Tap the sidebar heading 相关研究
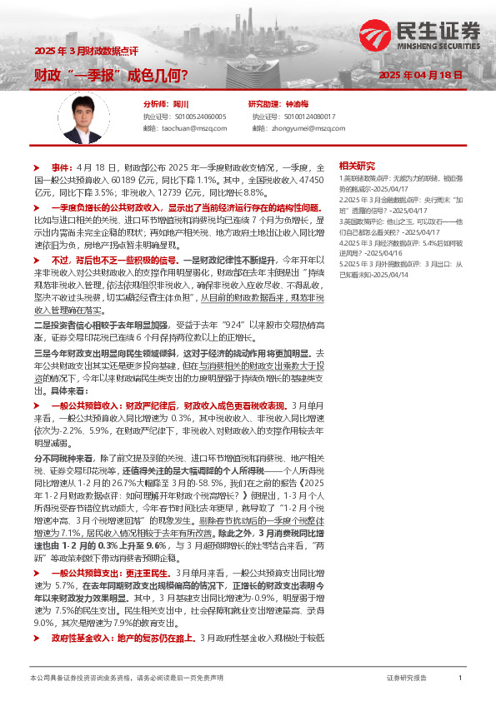[357, 165]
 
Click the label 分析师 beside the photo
[155, 104]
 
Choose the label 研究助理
[264, 104]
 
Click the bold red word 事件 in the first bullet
[62, 167]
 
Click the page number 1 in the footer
[460, 679]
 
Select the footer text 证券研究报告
[407, 679]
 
